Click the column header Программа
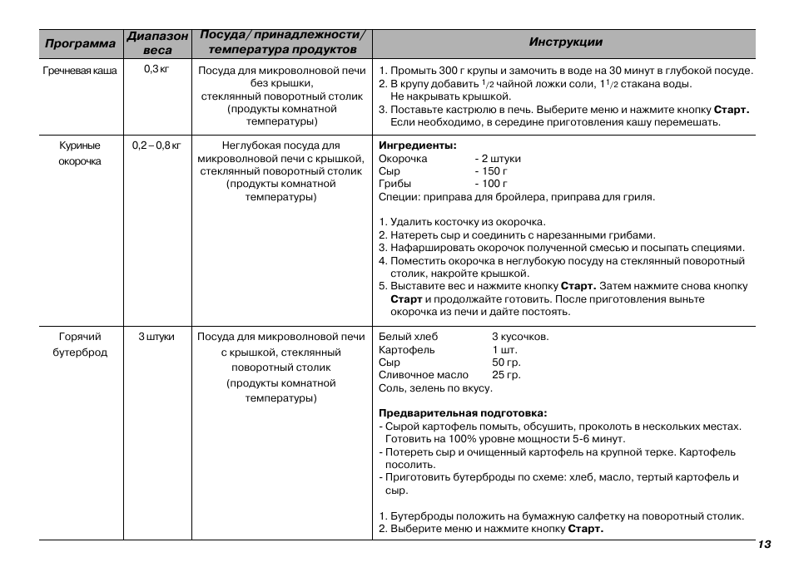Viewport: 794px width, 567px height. pos(80,43)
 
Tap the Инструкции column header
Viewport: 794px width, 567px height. pos(565,42)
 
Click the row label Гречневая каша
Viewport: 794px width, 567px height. pos(80,71)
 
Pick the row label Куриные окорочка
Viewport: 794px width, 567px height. pos(80,153)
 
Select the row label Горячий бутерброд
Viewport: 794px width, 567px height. pos(80,344)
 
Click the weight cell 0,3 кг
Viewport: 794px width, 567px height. pos(156,69)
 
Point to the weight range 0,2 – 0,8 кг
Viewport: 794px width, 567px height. pos(156,145)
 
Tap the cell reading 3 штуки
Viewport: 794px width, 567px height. pos(156,337)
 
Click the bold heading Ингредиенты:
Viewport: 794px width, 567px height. pos(417,145)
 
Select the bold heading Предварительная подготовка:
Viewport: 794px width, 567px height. pos(463,413)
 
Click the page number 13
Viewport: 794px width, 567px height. pos(764,545)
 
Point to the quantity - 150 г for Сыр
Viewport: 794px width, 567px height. pos(491,171)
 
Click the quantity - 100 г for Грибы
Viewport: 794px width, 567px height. pos(491,184)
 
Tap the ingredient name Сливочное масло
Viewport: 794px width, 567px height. pos(423,375)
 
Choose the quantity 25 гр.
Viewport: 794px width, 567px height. pos(506,375)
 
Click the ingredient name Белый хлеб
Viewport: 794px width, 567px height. pos(408,337)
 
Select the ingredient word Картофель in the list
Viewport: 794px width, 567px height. pos(406,350)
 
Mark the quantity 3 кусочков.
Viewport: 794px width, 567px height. pos(519,337)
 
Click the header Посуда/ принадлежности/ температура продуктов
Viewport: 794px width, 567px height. pos(281,43)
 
